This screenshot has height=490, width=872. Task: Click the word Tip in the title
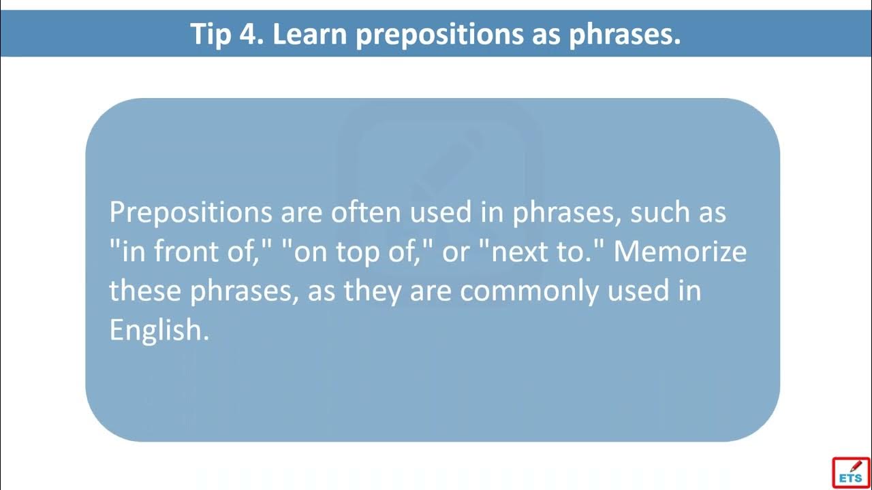[x=211, y=34]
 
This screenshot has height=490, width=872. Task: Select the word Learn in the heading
[x=309, y=34]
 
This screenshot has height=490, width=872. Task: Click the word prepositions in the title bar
[x=439, y=35]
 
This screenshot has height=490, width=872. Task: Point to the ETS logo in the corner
[x=852, y=472]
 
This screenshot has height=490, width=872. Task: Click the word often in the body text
[x=366, y=212]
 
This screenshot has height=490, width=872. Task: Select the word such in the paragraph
[x=660, y=212]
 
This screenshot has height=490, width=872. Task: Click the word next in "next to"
[x=521, y=252]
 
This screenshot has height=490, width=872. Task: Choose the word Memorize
[x=680, y=251]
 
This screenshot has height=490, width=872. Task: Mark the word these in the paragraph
[x=145, y=290]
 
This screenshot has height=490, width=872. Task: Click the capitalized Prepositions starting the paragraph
[x=191, y=214]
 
